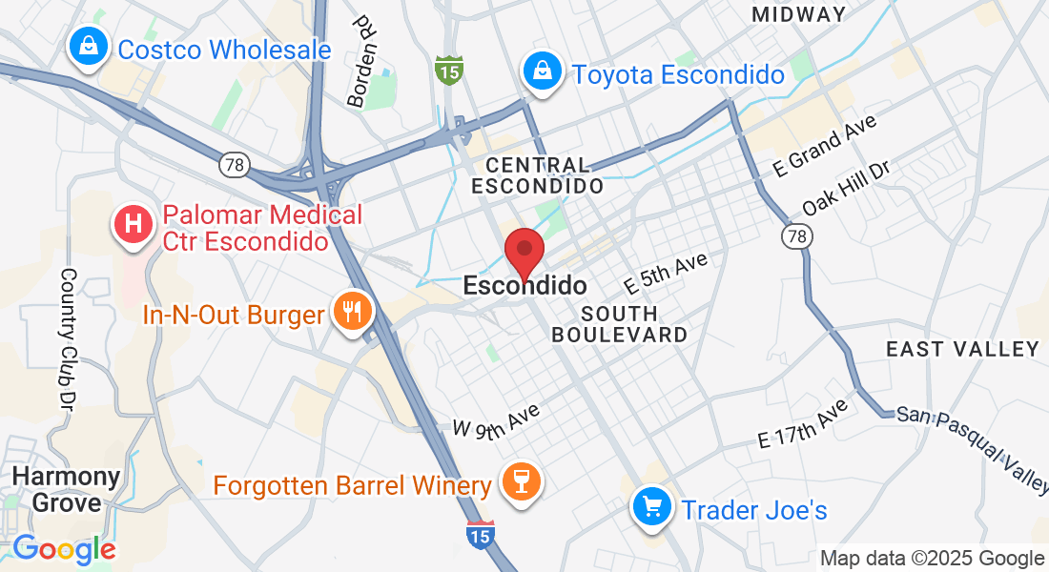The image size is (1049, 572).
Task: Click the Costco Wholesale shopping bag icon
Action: pos(88,45)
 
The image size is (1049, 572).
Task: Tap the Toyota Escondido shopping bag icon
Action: pos(542,71)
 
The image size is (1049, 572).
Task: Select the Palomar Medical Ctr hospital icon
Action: pos(134,224)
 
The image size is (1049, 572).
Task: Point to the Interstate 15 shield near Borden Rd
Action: pos(448,69)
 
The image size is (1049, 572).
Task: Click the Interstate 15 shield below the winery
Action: pos(481,535)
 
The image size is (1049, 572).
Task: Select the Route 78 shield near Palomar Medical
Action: pos(234,164)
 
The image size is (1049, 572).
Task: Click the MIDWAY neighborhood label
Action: pos(799,14)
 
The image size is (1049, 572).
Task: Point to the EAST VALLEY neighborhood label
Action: pos(962,349)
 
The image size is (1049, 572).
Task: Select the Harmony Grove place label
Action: pos(67,489)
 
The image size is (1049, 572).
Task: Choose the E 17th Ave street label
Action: pos(803,425)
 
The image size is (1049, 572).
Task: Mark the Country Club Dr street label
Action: pos(69,334)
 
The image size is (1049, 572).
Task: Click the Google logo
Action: pos(64,549)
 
